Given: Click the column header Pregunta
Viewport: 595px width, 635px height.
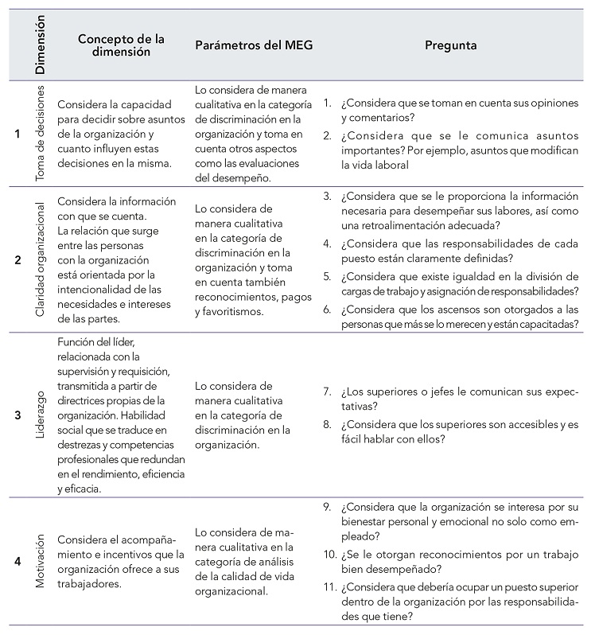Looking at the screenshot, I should pos(451,45).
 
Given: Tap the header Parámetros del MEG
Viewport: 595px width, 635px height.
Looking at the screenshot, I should pos(254,45).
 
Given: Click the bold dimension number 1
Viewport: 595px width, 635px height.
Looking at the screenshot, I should pos(17,134).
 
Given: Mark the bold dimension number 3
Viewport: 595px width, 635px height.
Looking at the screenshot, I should pos(17,414).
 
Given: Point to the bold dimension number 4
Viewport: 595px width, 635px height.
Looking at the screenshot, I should pos(17,560).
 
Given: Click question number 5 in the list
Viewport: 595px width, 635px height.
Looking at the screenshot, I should pos(327,276).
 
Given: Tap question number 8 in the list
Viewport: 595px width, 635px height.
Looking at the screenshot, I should pos(327,424).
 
